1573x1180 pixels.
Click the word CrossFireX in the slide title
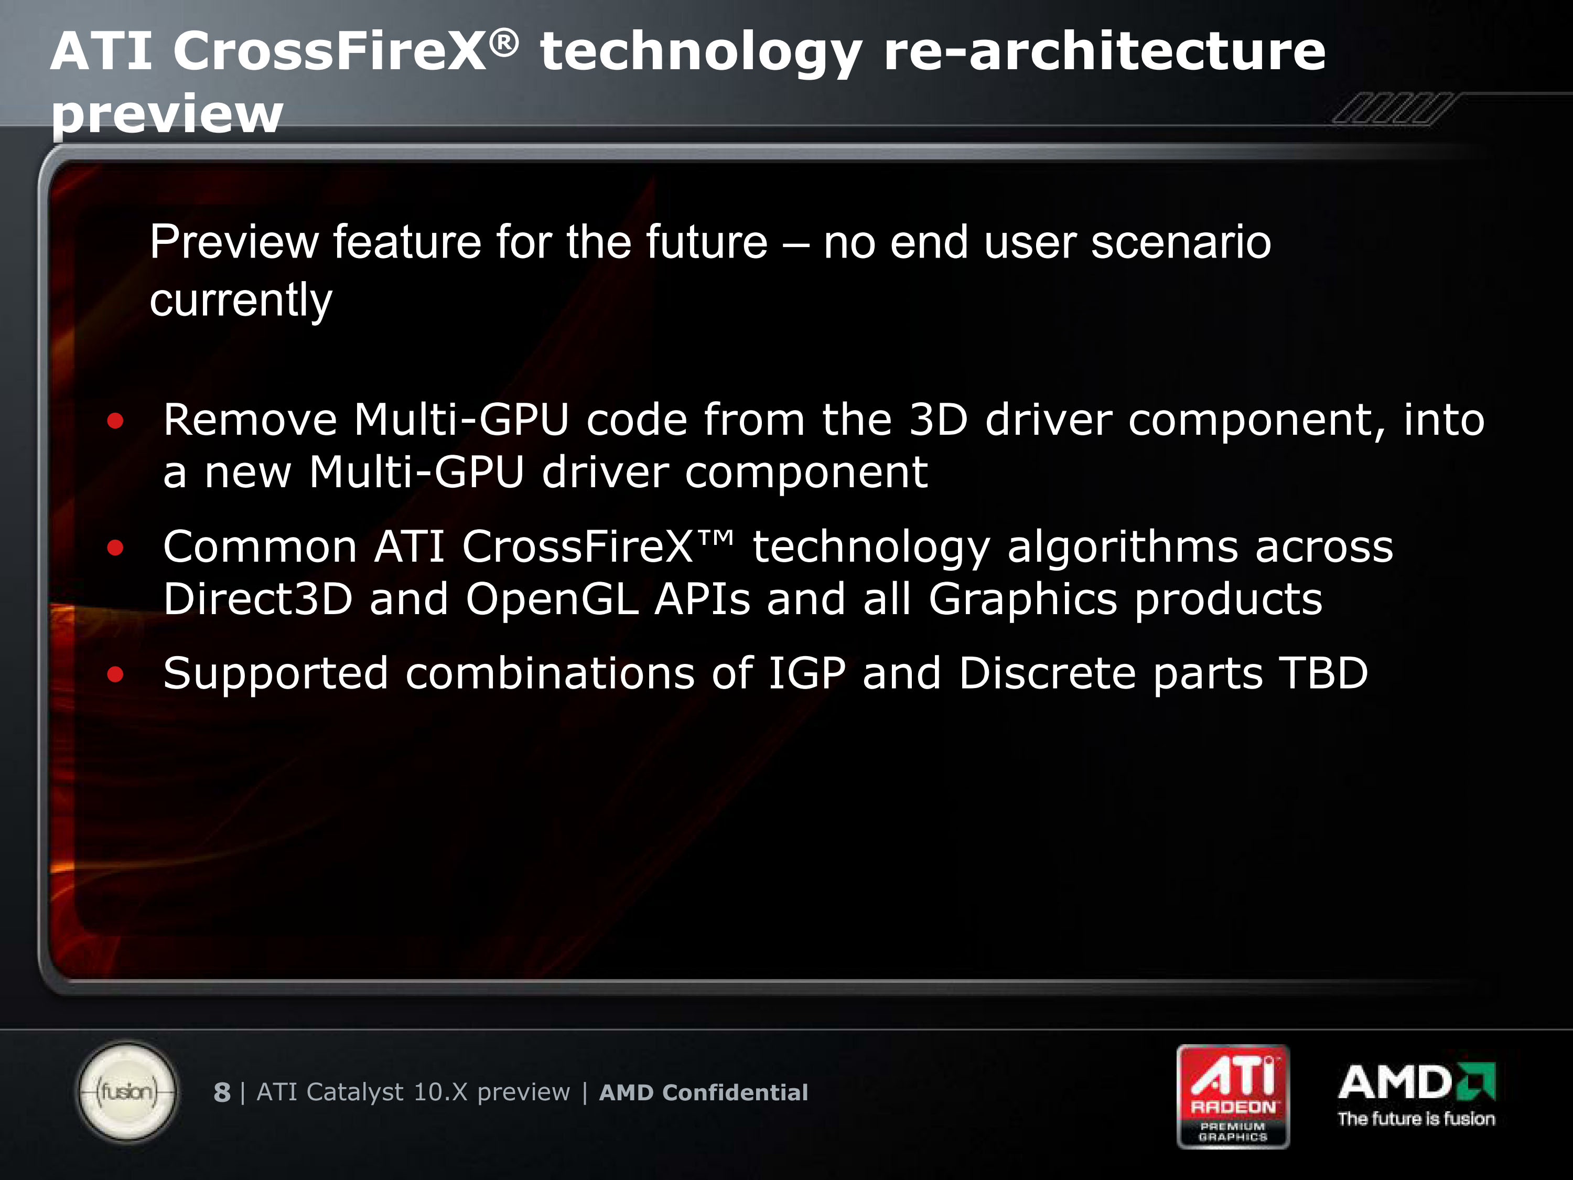tap(330, 51)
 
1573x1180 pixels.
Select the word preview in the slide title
tap(167, 114)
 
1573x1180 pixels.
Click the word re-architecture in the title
tap(1104, 51)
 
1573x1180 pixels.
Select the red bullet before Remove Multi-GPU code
tap(115, 421)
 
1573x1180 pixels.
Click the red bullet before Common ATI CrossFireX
tap(115, 548)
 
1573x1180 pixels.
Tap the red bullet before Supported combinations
tap(115, 674)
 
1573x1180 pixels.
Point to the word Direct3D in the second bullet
tap(258, 599)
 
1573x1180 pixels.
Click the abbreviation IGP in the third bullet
tap(807, 673)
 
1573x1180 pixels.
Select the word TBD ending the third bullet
tap(1323, 673)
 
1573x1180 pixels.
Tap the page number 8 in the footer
tap(222, 1092)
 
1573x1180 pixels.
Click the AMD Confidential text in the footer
tap(703, 1092)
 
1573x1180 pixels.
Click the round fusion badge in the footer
tap(127, 1091)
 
